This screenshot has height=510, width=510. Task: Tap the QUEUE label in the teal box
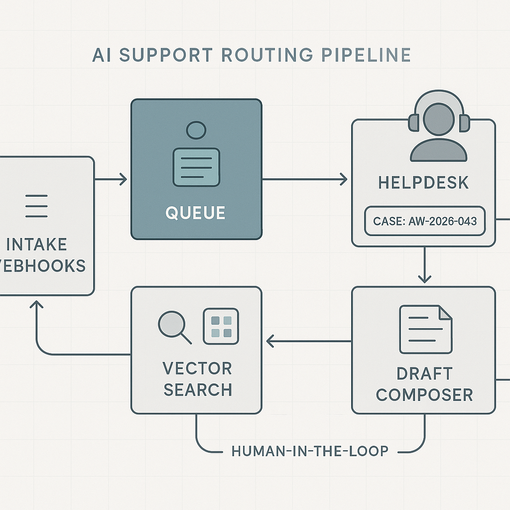(x=195, y=213)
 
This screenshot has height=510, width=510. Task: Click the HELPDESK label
(x=423, y=182)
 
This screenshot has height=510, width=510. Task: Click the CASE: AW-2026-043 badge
(x=425, y=220)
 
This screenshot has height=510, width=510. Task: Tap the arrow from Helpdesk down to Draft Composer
(x=424, y=265)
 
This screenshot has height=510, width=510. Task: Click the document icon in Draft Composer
(x=426, y=329)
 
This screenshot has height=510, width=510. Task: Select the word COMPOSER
(x=424, y=394)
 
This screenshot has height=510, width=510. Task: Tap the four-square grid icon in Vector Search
(x=221, y=326)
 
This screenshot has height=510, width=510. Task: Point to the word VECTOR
(x=197, y=369)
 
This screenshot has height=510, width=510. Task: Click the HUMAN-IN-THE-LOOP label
(x=310, y=451)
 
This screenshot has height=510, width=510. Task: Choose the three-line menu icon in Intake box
(x=36, y=206)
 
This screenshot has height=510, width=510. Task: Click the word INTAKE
(x=37, y=245)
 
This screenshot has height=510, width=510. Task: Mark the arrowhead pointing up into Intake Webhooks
(x=37, y=304)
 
